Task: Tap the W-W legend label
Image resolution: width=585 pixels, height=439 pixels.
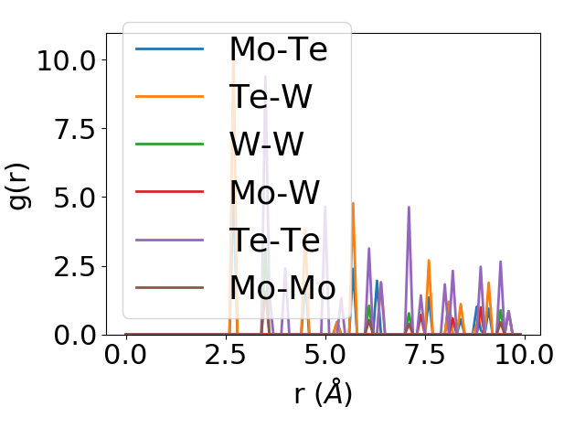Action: pos(267,144)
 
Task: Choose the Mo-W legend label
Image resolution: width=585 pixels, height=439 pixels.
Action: pos(274,192)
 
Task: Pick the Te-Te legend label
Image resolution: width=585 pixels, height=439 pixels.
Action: pos(274,240)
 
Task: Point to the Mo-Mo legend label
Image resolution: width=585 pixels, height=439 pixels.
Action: pos(282,287)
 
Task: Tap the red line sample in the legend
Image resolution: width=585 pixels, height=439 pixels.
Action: pos(169,192)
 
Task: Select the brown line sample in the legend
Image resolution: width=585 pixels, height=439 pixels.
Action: pos(169,287)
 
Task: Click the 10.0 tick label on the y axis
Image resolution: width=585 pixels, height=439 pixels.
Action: pos(66,60)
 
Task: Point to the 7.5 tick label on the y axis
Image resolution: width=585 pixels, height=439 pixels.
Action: pos(73,129)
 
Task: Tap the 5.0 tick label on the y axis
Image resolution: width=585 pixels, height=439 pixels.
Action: pos(73,198)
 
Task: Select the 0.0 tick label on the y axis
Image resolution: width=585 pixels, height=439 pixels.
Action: pos(73,335)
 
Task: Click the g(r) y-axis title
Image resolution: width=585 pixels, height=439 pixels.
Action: pos(19,184)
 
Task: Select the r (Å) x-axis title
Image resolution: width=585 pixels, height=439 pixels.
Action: pos(323,393)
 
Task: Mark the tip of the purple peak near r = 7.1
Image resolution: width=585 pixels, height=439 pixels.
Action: pos(409,208)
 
